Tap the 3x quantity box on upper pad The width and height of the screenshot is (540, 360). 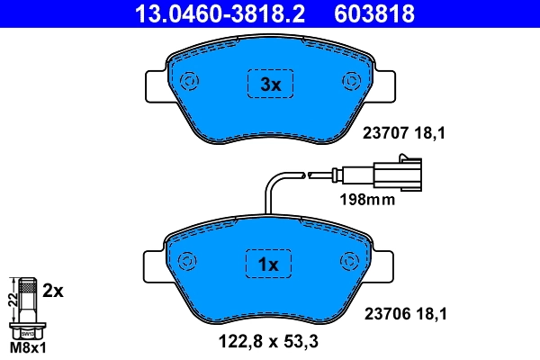(270, 85)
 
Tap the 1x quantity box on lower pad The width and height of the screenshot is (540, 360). (270, 265)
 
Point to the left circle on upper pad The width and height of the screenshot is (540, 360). (190, 82)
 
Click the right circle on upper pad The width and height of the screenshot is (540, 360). (349, 82)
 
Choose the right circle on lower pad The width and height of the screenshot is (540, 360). (348, 261)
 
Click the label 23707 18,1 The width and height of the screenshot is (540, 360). (404, 133)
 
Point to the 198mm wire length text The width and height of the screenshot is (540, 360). (366, 200)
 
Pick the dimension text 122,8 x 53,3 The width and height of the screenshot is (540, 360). (268, 341)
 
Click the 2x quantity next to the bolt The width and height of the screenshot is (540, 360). (54, 291)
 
